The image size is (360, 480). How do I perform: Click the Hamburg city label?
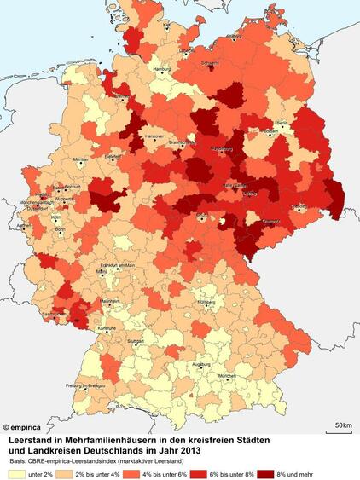[161, 68]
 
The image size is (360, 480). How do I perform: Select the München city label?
[226, 376]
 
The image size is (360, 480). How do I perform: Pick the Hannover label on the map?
[154, 136]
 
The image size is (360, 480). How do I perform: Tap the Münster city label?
[81, 159]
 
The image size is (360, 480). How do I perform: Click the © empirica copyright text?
[23, 425]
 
